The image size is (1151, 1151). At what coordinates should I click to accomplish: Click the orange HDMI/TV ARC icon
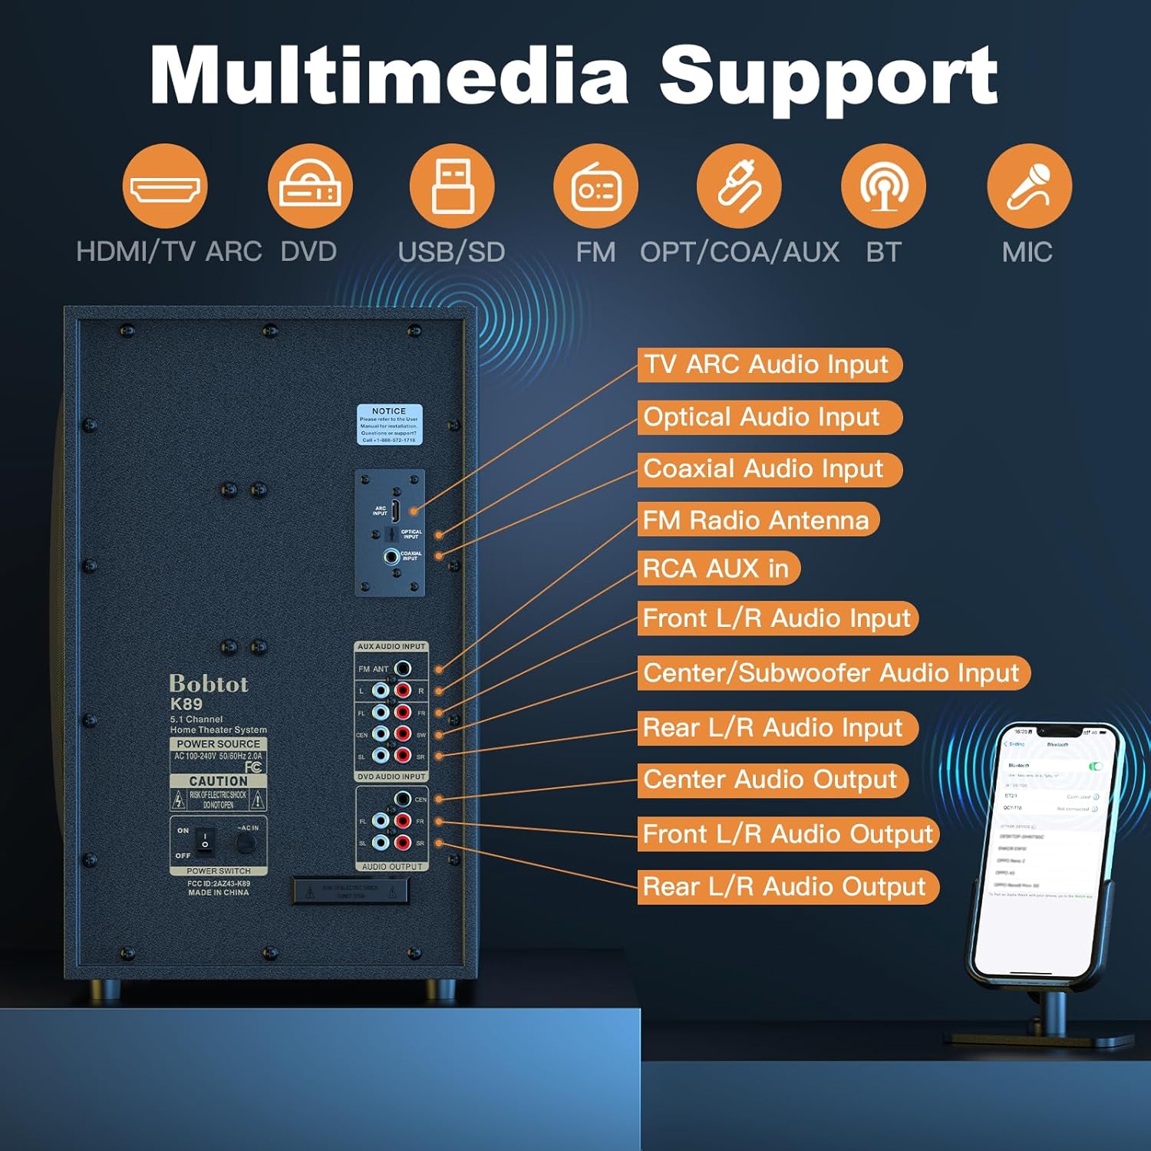[165, 186]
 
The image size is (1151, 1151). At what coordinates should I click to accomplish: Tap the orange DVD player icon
[310, 186]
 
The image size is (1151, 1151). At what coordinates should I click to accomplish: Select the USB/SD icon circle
[452, 186]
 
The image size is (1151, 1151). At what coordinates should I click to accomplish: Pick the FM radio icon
[595, 186]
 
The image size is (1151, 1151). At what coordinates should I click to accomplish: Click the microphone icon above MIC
[1029, 186]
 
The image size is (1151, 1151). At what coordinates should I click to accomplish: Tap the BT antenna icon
[883, 186]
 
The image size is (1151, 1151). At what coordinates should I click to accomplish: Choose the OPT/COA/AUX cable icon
[739, 186]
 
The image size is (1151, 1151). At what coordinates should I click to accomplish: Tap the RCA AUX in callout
[718, 569]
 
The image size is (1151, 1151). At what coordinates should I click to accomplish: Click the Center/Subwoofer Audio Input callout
[833, 673]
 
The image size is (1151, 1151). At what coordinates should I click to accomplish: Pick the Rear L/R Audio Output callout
[787, 887]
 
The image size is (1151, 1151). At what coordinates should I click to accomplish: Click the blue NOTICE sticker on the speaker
[390, 424]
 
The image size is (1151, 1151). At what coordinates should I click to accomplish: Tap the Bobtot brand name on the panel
[209, 684]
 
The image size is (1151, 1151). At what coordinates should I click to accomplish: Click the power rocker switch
[205, 841]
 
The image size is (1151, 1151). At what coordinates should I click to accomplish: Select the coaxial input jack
[391, 556]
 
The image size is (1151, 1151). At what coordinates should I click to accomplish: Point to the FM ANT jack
[402, 668]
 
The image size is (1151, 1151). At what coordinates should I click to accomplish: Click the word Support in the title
[828, 77]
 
